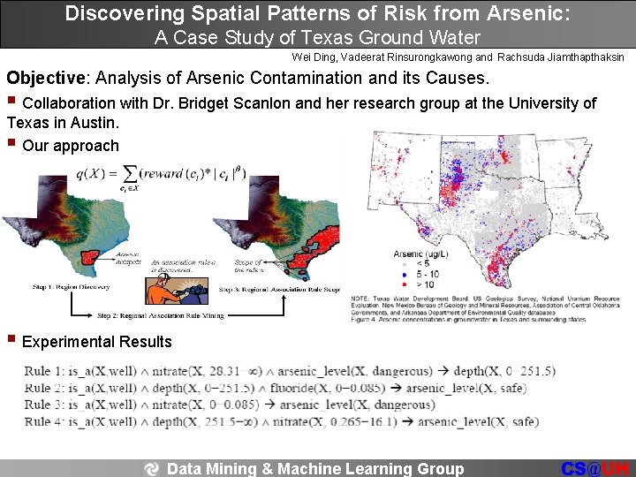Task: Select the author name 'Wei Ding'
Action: tap(311, 57)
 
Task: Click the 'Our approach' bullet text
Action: tap(70, 146)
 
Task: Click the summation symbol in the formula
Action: tap(130, 173)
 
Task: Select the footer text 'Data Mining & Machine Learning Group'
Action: tap(314, 468)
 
